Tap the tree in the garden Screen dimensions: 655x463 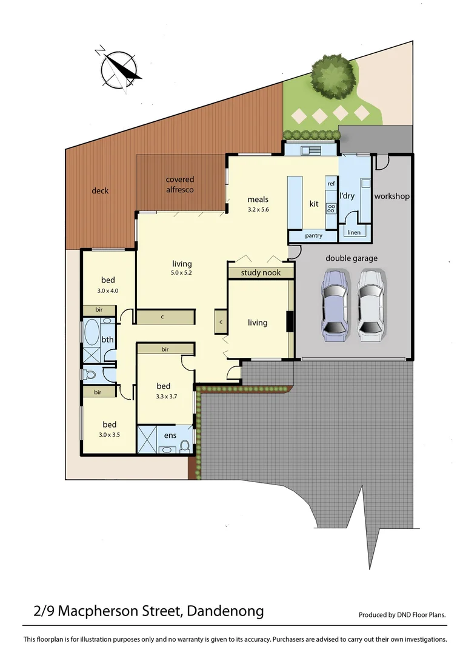[x=332, y=77]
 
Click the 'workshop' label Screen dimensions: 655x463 [x=392, y=196]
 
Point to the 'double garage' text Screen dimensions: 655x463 [x=351, y=258]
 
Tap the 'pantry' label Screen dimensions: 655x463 [x=313, y=235]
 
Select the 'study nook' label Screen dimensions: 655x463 [x=261, y=273]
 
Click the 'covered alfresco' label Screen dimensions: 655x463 [x=180, y=184]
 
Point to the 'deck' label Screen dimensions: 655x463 [x=100, y=190]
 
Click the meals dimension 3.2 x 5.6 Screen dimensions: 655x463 [x=258, y=210]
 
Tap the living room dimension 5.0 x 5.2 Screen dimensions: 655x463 [x=182, y=274]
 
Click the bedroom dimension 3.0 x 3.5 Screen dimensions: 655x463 [x=109, y=435]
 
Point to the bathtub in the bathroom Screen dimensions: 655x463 [x=92, y=333]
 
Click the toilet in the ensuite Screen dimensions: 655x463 [x=185, y=446]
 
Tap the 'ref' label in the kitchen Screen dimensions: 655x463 [x=331, y=184]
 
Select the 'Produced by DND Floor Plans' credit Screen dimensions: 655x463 [x=402, y=614]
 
